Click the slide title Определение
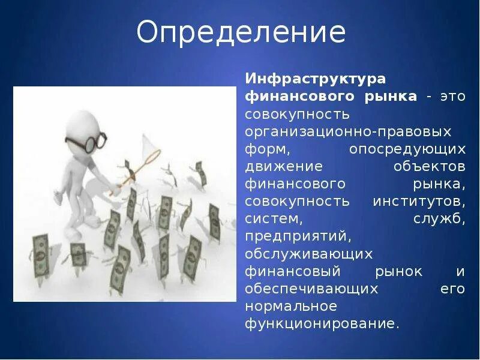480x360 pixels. pyautogui.click(x=241, y=33)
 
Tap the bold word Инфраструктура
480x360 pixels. pyautogui.click(x=315, y=79)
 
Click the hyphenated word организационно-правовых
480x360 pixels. pyautogui.click(x=348, y=131)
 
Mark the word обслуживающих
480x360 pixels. pyautogui.click(x=308, y=253)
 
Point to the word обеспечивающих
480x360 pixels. pyautogui.click(x=311, y=289)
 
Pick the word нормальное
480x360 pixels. pyautogui.click(x=291, y=306)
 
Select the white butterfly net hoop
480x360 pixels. pyautogui.click(x=151, y=143)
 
